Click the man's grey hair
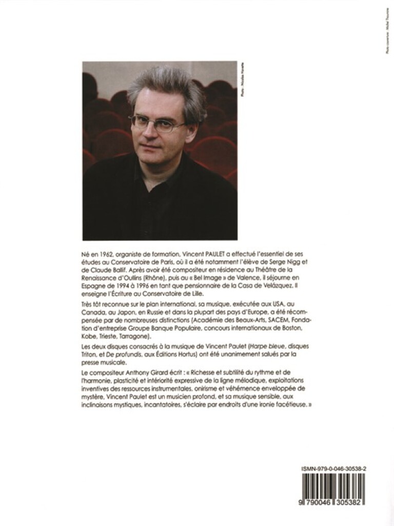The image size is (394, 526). pyautogui.click(x=164, y=87)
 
